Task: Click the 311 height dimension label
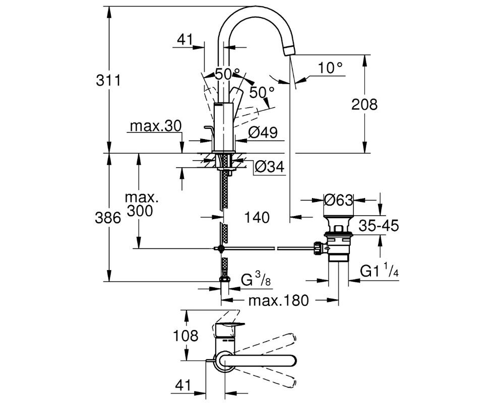click(108, 81)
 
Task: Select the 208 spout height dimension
click(364, 104)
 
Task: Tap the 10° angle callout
click(330, 68)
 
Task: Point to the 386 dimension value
click(108, 218)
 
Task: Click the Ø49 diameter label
click(263, 132)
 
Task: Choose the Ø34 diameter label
click(270, 167)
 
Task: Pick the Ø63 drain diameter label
click(339, 200)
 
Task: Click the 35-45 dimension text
click(379, 226)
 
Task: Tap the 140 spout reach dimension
click(257, 217)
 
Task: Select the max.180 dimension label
click(279, 301)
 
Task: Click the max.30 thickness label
click(156, 126)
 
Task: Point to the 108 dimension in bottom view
click(186, 336)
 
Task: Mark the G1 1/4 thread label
click(380, 271)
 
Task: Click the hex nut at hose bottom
click(224, 279)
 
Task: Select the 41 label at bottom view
click(182, 385)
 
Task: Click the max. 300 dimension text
click(141, 204)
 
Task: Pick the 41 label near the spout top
click(185, 40)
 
